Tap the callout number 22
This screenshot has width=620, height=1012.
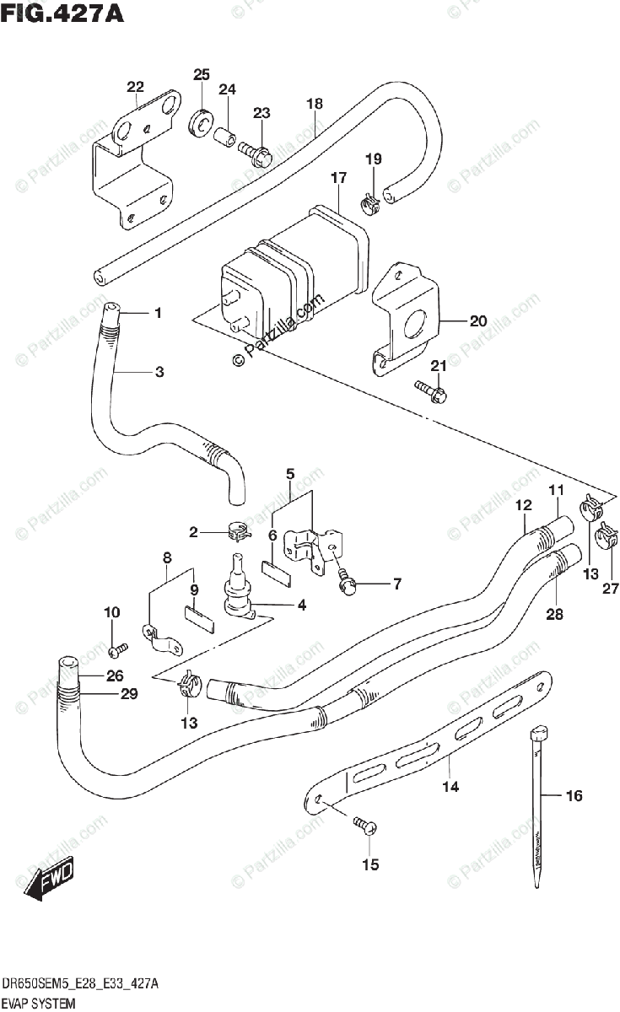point(135,87)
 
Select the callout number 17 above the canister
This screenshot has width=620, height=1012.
point(338,178)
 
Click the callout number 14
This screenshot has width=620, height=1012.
point(450,787)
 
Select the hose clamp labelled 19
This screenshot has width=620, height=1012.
point(369,201)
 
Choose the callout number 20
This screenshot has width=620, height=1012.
point(478,320)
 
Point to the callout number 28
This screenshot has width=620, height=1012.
point(553,615)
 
